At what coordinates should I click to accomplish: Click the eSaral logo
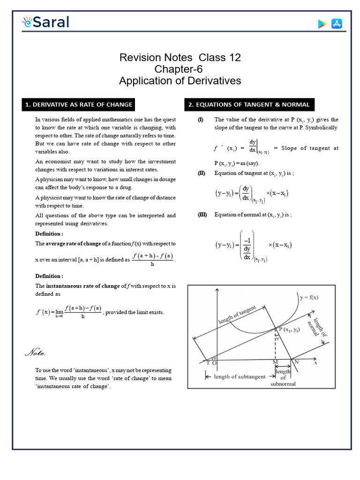(45, 22)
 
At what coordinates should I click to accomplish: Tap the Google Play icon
(322, 24)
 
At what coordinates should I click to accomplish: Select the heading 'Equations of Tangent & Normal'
(248, 105)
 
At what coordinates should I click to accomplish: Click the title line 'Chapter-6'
(180, 69)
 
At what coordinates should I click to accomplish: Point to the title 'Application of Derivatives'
(180, 81)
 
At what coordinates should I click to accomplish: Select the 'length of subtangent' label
(238, 376)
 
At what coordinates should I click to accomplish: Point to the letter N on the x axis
(297, 362)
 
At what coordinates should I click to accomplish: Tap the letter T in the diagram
(208, 363)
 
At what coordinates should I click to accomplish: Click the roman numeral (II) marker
(201, 173)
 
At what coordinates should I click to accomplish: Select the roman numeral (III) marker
(202, 215)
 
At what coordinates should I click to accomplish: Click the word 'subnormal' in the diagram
(283, 384)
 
